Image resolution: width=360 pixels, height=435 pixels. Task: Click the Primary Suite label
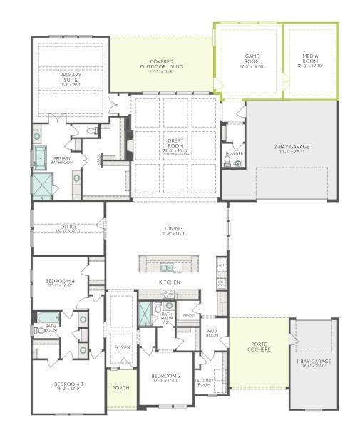click(x=71, y=78)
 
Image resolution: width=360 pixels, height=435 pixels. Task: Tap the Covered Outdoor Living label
click(x=161, y=65)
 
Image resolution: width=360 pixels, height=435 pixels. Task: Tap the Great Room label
click(x=175, y=145)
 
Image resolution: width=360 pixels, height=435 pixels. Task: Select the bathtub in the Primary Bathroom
click(x=39, y=157)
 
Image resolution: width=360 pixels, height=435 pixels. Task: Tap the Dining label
click(x=173, y=231)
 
